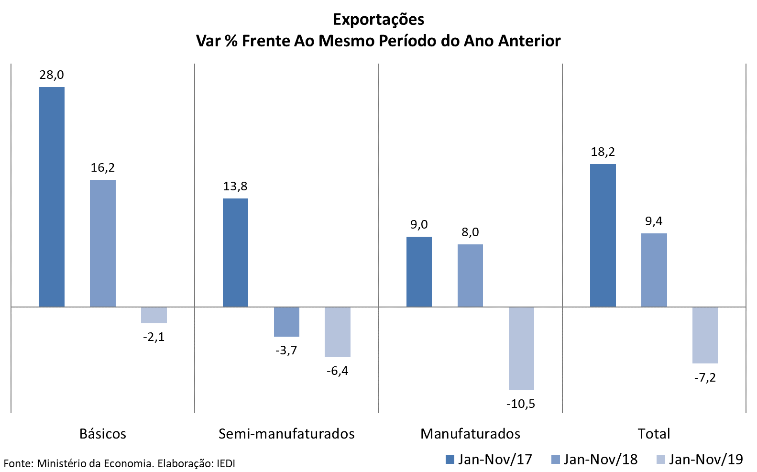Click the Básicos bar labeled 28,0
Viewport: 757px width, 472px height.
click(52, 197)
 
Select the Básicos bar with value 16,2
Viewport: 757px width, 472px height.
click(103, 243)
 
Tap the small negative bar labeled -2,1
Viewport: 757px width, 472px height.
click(154, 315)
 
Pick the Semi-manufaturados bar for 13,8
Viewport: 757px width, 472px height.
click(235, 252)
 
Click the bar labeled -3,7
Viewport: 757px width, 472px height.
click(286, 322)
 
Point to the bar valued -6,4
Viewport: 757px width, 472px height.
click(338, 332)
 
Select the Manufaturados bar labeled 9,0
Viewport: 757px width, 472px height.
click(419, 272)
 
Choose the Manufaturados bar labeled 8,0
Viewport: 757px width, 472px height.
click(470, 275)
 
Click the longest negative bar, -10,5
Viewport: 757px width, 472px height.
click(521, 348)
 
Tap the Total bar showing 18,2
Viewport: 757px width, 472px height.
click(603, 235)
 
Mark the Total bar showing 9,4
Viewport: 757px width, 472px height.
click(654, 270)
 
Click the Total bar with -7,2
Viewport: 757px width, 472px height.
click(705, 335)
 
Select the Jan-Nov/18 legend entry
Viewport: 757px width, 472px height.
click(594, 460)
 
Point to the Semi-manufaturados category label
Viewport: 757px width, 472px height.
click(286, 434)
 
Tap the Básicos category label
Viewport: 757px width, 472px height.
click(103, 434)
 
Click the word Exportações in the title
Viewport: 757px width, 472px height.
click(378, 19)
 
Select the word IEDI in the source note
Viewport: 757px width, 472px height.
click(226, 463)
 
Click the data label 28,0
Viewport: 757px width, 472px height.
click(52, 75)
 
